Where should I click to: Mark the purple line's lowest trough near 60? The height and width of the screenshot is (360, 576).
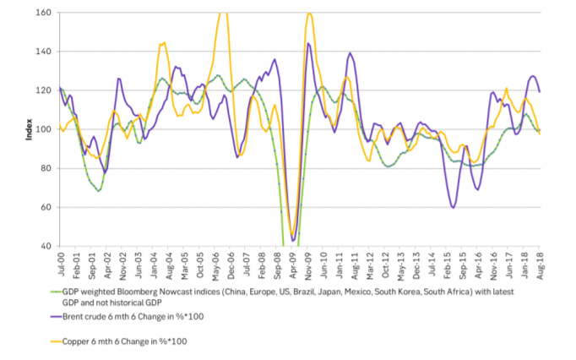[454, 207]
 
